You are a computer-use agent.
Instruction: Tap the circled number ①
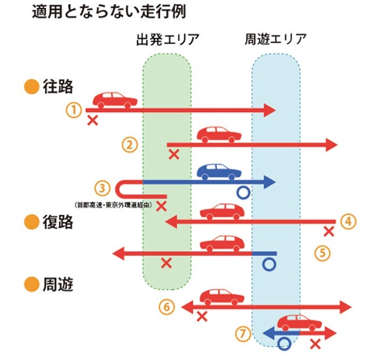pos(73,110)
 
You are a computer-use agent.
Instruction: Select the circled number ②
pos(130,144)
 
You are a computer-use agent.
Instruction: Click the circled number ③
pos(102,188)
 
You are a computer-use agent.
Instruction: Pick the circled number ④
pos(348,221)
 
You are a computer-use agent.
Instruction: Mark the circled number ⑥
pos(167,308)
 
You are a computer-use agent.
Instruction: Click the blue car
pos(219,172)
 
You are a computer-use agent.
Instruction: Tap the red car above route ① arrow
pos(115,100)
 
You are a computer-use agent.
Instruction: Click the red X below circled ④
pos(328,232)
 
